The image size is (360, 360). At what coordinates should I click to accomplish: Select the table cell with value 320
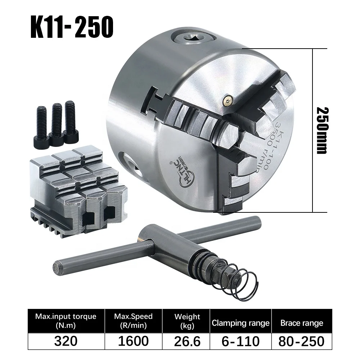[x=66, y=341]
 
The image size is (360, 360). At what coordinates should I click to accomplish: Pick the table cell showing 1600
[x=133, y=341]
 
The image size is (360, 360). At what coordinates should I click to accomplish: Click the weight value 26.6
[x=187, y=341]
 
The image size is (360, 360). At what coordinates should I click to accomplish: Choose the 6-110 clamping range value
[x=240, y=341]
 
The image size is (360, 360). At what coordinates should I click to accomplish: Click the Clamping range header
[x=240, y=323]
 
